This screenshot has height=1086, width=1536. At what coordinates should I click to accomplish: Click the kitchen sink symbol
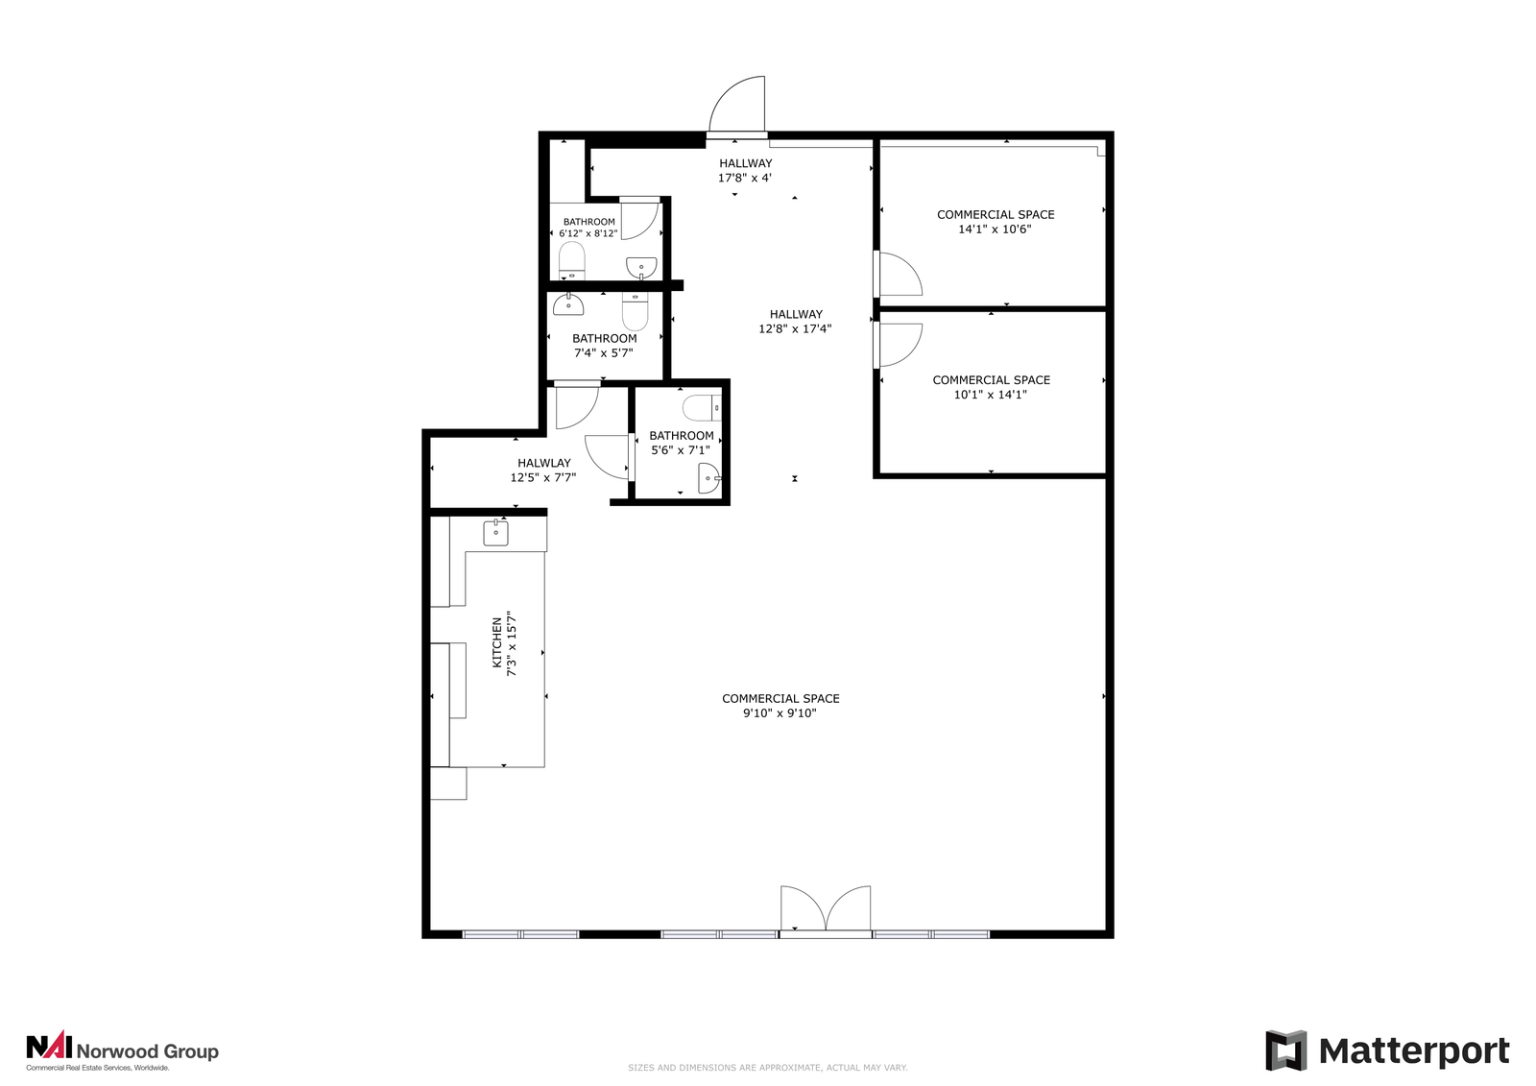495,532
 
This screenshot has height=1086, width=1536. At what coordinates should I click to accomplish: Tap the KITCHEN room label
497,642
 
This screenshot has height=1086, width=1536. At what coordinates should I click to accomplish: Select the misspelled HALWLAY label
543,463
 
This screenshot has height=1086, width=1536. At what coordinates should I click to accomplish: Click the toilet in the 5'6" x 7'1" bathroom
702,408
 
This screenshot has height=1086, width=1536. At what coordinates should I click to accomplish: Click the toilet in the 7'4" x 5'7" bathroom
635,311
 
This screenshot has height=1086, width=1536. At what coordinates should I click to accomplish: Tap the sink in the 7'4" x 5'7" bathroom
568,304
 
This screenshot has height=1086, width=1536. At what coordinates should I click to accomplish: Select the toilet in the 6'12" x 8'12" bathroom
572,260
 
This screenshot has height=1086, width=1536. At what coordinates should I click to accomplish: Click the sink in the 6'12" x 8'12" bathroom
641,268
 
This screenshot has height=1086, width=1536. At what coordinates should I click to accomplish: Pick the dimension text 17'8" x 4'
745,179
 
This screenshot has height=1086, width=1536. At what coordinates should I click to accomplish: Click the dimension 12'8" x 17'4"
795,329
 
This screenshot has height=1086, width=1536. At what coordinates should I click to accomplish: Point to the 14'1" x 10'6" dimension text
995,229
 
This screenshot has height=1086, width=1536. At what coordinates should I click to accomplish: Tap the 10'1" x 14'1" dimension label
990,395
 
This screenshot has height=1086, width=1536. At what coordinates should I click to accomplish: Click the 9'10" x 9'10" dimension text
780,713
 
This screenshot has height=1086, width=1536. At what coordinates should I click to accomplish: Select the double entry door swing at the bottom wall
826,909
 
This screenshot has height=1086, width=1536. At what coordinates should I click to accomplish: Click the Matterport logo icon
1285,1050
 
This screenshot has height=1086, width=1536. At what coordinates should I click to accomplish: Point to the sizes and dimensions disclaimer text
767,1068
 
